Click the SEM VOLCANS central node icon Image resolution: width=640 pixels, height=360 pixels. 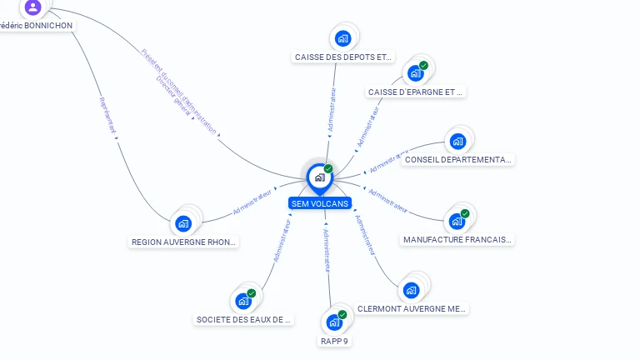[319, 177]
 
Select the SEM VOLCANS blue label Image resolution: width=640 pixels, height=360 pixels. [320, 203]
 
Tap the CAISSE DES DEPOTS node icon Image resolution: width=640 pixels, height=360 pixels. [342, 38]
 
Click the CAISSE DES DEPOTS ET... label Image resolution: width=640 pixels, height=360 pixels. [342, 57]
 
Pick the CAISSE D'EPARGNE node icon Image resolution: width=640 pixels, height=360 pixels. [416, 72]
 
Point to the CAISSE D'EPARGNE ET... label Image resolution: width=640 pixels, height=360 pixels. [415, 92]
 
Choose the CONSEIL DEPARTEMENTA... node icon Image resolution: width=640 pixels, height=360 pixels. [457, 142]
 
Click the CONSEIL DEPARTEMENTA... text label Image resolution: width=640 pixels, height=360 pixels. [457, 159]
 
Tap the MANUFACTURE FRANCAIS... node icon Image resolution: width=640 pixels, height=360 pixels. [457, 221]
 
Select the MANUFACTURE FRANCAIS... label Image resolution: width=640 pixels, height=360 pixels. [457, 239]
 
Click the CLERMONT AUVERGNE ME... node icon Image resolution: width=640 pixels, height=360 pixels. [410, 290]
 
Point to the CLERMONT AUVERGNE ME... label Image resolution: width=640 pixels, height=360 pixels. [411, 308]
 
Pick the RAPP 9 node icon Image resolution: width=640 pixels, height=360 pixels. [335, 322]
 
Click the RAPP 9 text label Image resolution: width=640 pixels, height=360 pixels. [335, 341]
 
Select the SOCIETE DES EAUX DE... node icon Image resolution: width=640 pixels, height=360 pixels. [243, 301]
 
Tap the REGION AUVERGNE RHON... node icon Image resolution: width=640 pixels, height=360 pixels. [183, 223]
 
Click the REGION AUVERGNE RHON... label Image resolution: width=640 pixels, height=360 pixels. [184, 242]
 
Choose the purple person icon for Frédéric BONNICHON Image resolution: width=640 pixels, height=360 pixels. [32, 7]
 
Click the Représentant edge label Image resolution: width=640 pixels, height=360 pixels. [107, 114]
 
